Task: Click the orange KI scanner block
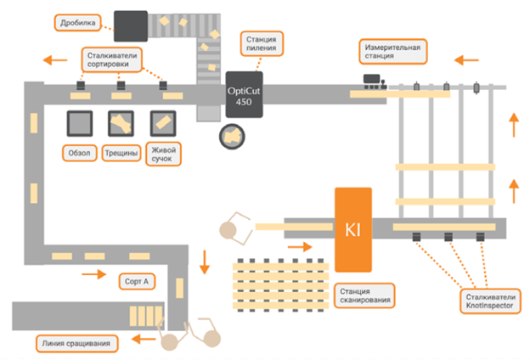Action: pos(356,228)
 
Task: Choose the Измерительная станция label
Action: pos(392,50)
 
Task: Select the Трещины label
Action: pos(121,154)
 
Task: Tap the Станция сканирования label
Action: pos(364,294)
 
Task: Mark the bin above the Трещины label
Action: pos(121,124)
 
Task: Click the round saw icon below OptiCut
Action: pos(231,134)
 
